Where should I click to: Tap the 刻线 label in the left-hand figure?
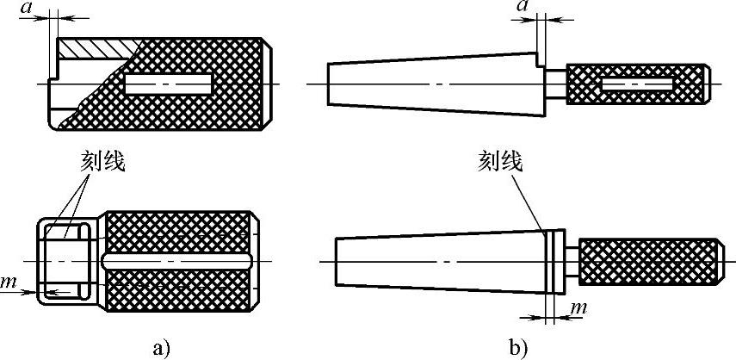click(105, 162)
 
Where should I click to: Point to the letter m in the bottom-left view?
click(9, 282)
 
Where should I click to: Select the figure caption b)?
click(519, 347)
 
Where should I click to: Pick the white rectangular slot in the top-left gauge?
click(167, 84)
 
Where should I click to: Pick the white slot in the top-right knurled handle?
click(637, 84)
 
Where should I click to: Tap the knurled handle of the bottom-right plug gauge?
click(647, 262)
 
